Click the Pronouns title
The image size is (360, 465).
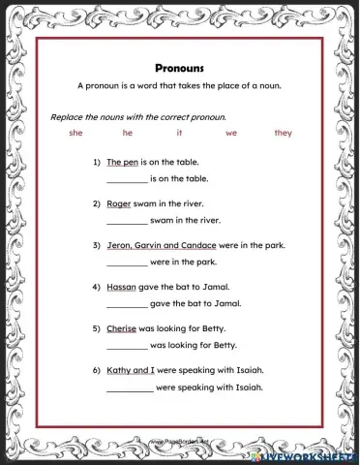pos(179,69)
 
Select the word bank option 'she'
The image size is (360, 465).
pos(76,133)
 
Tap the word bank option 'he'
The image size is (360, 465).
pos(128,133)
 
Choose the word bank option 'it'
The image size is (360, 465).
pos(179,133)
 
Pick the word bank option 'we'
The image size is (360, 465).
pos(230,133)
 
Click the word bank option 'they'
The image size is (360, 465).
pos(283,133)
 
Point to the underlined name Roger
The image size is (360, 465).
pos(119,204)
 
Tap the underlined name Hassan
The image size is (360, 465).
pos(122,288)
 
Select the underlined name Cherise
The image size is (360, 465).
pos(123,329)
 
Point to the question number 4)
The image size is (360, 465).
pos(97,288)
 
